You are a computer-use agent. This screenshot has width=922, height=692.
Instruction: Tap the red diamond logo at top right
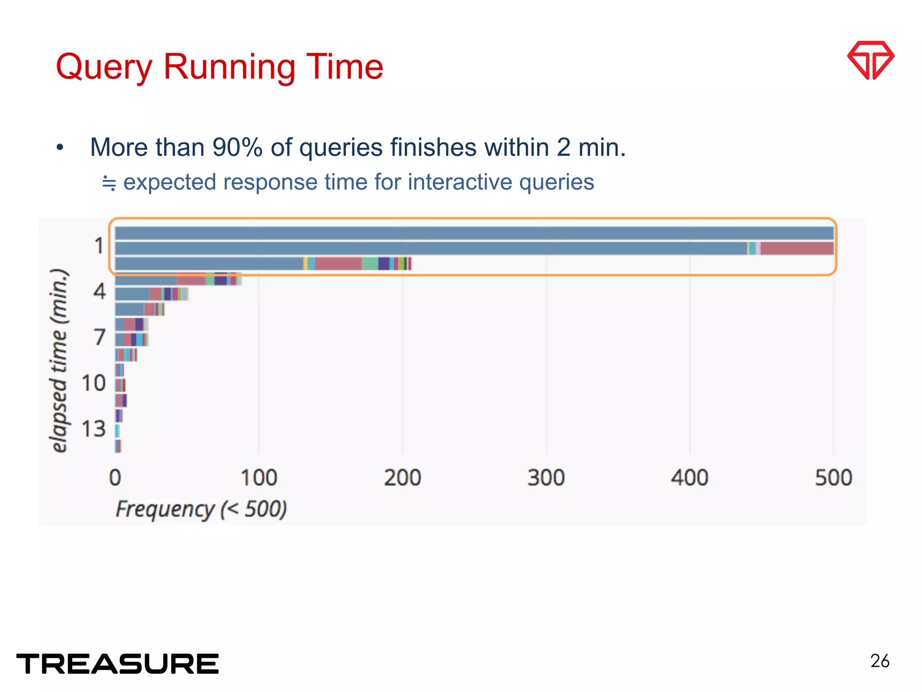[x=871, y=60]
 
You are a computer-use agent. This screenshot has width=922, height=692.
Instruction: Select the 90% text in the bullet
[x=237, y=148]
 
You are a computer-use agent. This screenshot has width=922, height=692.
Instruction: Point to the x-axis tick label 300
[x=546, y=478]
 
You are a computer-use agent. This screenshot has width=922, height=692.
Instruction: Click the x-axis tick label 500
[x=833, y=478]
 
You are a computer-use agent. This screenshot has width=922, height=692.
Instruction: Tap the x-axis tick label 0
[x=115, y=478]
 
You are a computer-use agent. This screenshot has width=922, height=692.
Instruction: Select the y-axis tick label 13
[x=93, y=429]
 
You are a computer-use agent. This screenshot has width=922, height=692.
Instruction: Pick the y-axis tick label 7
[x=99, y=337]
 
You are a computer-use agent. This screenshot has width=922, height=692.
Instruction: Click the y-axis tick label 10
[x=93, y=383]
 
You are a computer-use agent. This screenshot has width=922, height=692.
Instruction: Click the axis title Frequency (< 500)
[x=201, y=510]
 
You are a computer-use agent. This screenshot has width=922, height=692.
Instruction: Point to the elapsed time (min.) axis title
[x=59, y=360]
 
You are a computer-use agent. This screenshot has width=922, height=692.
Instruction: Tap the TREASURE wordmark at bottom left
[x=118, y=664]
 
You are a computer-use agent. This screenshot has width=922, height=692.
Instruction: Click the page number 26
[x=880, y=661]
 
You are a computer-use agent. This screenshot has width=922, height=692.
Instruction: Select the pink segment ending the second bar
[x=797, y=248]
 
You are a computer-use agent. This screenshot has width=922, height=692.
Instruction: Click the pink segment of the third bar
[x=338, y=264]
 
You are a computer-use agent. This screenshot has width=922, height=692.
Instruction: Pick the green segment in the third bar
[x=370, y=264]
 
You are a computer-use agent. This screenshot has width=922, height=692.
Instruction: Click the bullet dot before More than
[x=60, y=148]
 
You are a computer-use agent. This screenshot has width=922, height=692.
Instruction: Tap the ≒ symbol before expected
[x=109, y=183]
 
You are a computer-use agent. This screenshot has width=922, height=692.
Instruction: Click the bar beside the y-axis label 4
[x=132, y=294]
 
